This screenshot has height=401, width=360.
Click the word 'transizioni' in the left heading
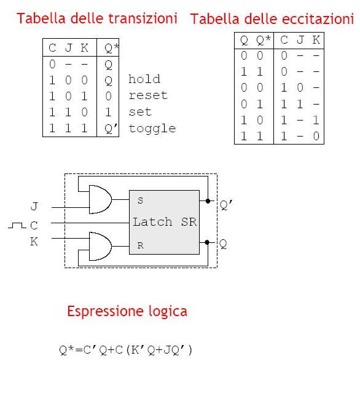click(143, 18)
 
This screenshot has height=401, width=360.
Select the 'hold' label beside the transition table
click(144, 79)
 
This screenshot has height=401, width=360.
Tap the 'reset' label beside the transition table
click(148, 95)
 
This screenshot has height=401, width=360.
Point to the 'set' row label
click(140, 112)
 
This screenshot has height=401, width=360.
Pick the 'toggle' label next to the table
click(152, 129)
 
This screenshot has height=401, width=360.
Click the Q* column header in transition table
click(111, 48)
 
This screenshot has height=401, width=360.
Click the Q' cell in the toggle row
click(111, 129)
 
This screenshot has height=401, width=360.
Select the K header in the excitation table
click(316, 40)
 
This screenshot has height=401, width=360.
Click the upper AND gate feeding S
click(100, 199)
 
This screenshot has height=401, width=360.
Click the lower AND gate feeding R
click(100, 246)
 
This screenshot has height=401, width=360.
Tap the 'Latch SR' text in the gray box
click(165, 222)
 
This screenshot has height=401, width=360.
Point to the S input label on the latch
click(140, 200)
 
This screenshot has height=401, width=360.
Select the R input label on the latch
click(140, 245)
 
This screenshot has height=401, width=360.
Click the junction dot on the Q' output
click(208, 201)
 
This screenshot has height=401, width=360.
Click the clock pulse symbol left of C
click(17, 225)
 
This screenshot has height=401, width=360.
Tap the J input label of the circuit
click(34, 206)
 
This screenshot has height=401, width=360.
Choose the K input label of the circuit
click(34, 242)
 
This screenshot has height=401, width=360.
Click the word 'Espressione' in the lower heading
click(105, 311)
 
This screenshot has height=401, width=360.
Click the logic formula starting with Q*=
click(125, 350)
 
